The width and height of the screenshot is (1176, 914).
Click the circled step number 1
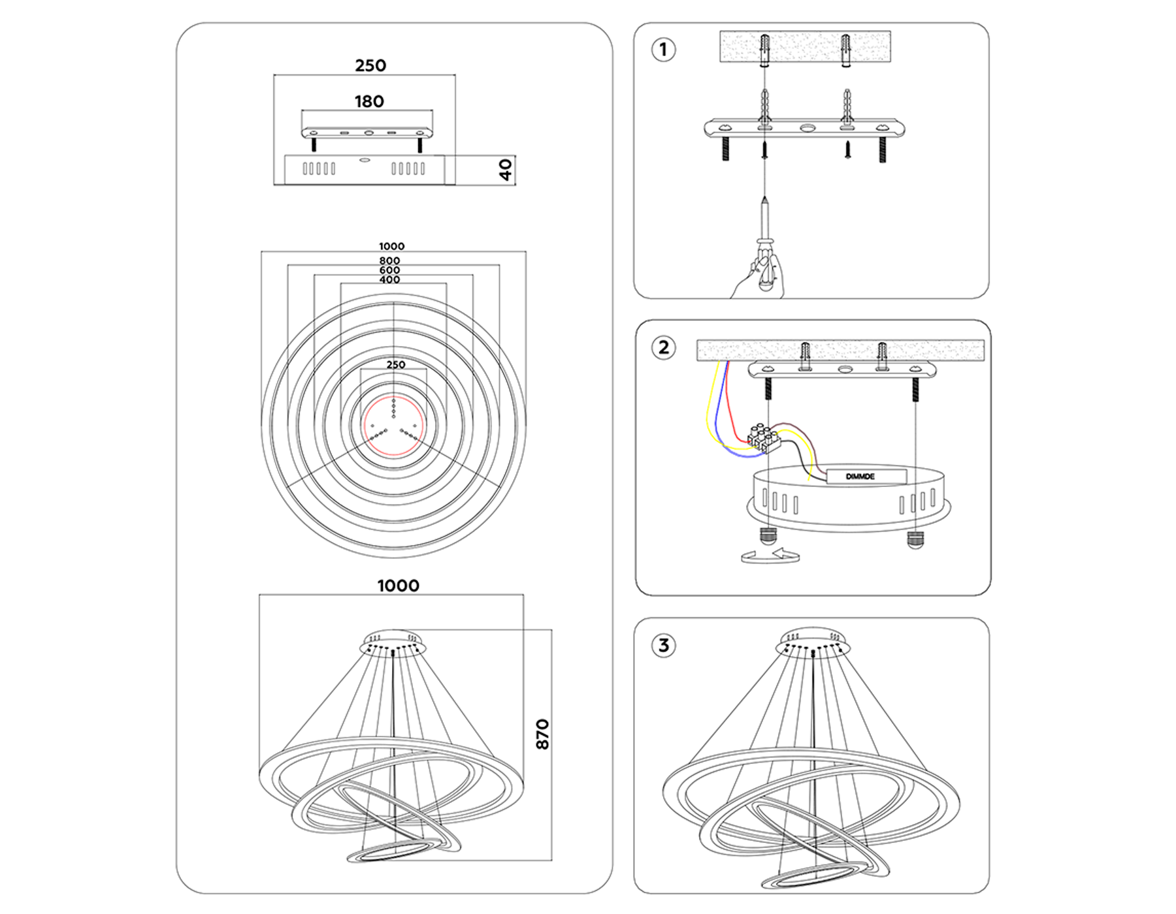(x=664, y=50)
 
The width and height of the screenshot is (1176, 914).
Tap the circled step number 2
(x=664, y=347)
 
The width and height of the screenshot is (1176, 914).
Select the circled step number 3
(x=664, y=646)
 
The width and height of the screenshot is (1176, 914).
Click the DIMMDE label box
(x=866, y=476)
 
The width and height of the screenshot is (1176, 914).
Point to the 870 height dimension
(x=542, y=734)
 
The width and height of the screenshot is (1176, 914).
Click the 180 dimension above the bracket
(x=369, y=101)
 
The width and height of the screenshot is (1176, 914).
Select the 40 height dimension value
(x=506, y=170)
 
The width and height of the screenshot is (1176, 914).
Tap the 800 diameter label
(x=389, y=260)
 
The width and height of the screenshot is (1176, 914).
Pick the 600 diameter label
(x=389, y=270)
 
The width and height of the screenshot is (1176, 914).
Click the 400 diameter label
(x=389, y=279)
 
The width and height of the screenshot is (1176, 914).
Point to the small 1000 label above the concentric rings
(x=391, y=246)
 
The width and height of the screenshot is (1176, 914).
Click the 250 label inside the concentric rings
(x=395, y=364)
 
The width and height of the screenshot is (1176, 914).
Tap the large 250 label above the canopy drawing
(x=370, y=65)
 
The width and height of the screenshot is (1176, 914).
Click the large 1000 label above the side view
(x=398, y=586)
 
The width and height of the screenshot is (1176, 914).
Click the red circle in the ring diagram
(x=393, y=426)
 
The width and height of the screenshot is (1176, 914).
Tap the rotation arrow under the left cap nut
(x=770, y=556)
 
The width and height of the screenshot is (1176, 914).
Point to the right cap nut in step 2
(x=915, y=540)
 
